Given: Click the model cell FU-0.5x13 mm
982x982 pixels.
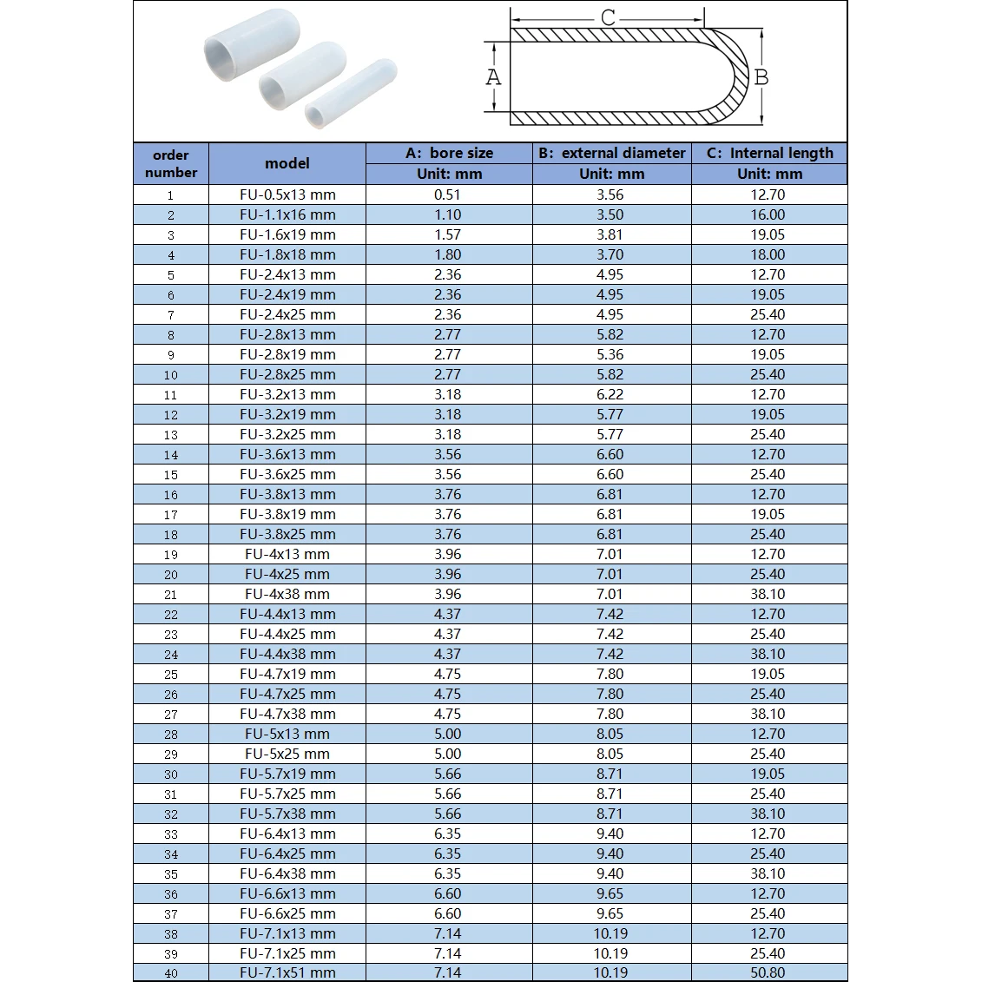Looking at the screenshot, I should coord(287,194).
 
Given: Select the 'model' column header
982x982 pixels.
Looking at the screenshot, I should coord(287,163).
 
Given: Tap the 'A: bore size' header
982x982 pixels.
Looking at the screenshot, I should coord(449,153).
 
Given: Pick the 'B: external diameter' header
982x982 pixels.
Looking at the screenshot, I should coord(611,153).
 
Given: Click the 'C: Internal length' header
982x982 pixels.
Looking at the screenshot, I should coord(769,153).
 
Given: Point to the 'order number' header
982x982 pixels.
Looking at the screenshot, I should coord(171,163).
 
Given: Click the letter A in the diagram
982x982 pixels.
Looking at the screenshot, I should coord(493,77).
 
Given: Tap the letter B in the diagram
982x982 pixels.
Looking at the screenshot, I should coord(761,77).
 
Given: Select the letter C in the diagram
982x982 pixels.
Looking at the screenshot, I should coord(608,17).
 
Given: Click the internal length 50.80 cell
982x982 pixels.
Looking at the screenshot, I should coord(768,972).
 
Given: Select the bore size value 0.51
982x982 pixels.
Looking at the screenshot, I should coord(448,194).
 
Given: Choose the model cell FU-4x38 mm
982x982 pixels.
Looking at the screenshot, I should coord(287,594).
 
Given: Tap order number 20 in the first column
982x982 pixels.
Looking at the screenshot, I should coord(171,575).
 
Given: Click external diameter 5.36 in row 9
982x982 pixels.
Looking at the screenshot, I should coord(610,354).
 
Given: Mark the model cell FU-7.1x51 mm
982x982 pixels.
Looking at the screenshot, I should coord(287,972).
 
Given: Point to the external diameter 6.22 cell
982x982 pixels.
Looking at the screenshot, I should coord(610,394).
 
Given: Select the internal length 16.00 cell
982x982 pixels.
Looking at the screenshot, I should coord(768,214).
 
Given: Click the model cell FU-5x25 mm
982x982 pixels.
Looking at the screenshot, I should coord(287,754).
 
